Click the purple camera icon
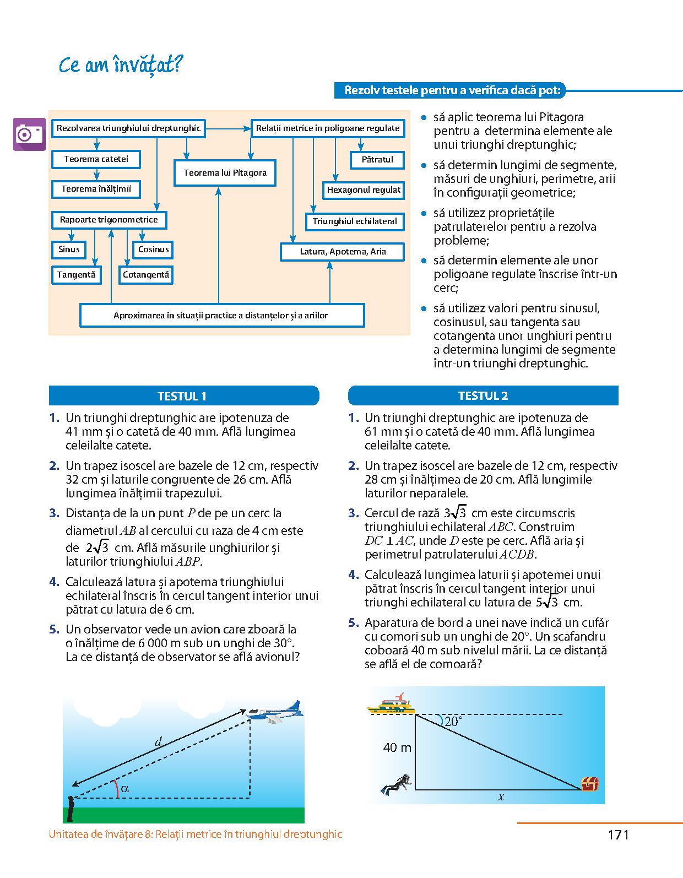point(30,134)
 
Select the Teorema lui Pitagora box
point(225,173)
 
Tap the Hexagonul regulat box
point(364,190)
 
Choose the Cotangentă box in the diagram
point(146,274)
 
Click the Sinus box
point(69,250)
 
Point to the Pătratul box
point(377,160)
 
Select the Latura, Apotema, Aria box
point(343,252)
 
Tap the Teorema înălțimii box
point(96,189)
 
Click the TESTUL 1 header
point(183,396)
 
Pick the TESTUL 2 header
point(483,396)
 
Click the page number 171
point(618,835)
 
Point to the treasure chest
point(590,783)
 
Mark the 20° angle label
point(453,722)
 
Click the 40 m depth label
point(397,747)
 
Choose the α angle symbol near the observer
point(124,788)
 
